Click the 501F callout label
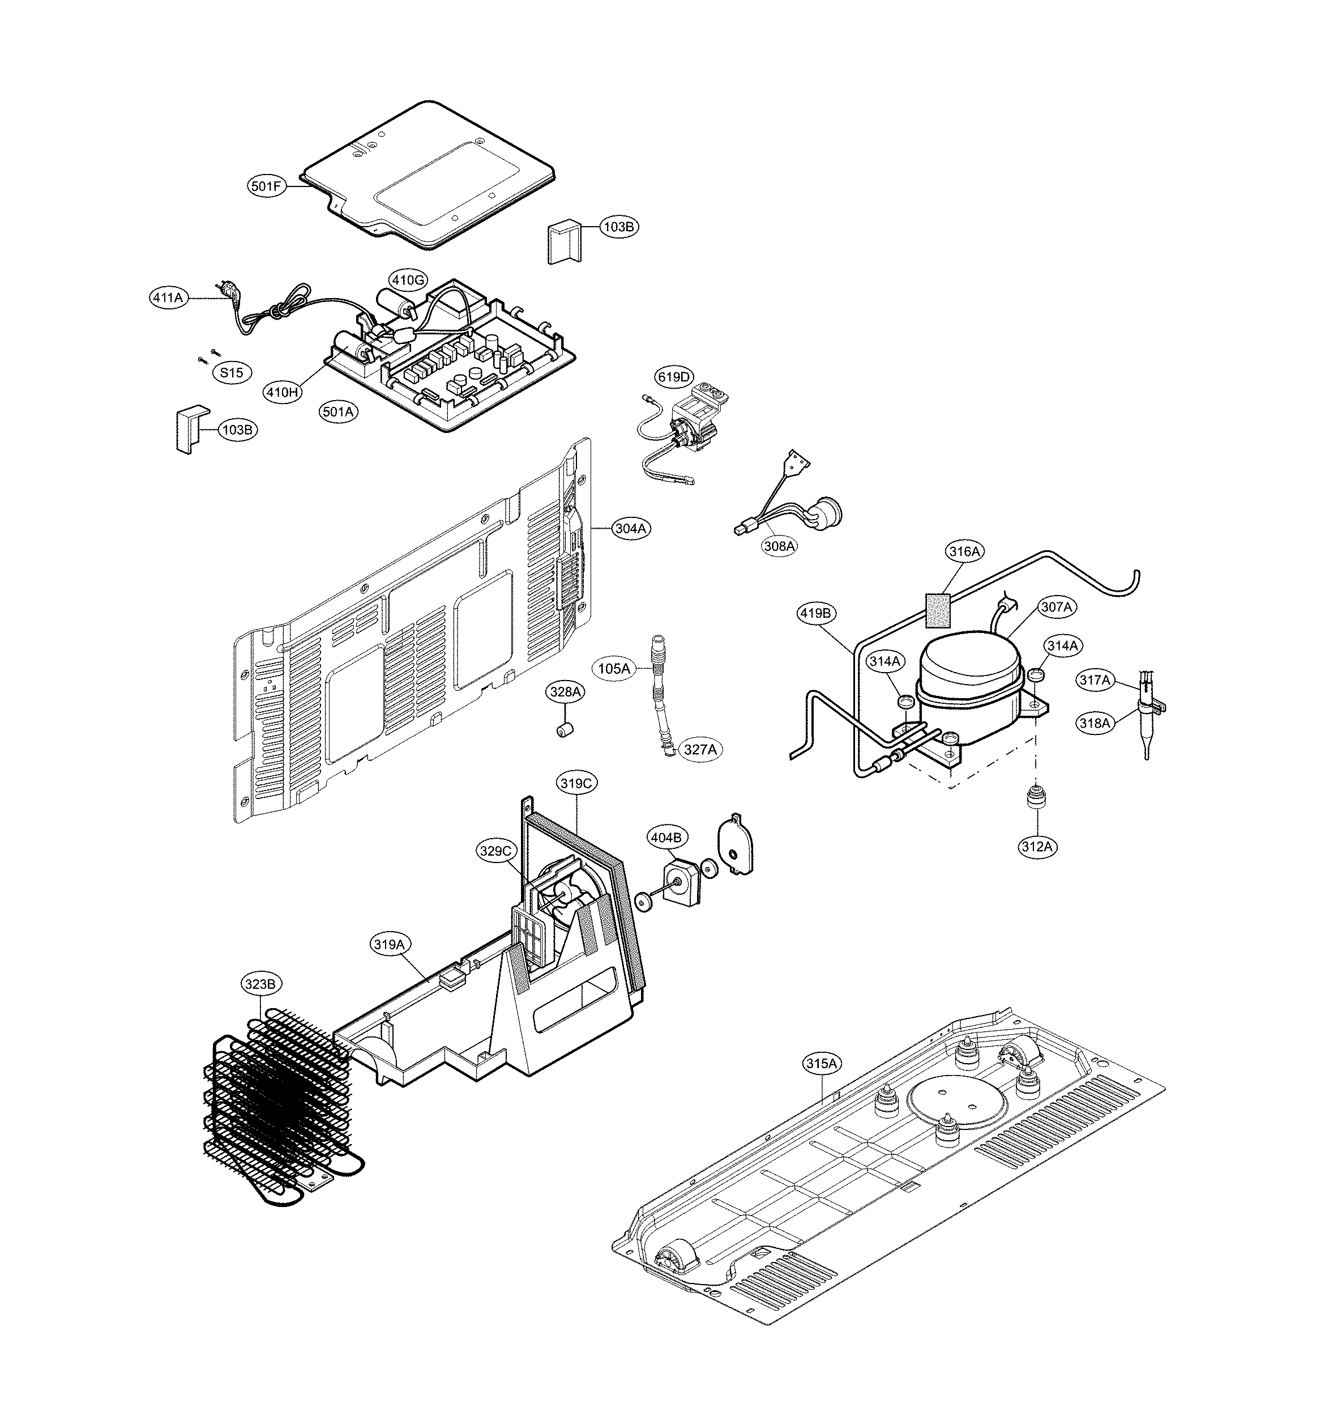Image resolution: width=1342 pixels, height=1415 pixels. (x=267, y=187)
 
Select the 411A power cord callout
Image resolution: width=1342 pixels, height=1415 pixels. (x=168, y=297)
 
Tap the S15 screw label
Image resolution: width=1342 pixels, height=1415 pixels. (x=232, y=372)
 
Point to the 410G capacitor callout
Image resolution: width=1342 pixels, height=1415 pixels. (x=408, y=280)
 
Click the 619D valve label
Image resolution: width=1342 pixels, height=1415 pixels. (x=674, y=376)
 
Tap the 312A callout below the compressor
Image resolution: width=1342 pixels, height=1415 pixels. (x=1037, y=847)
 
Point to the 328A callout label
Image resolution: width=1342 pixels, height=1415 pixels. (x=566, y=692)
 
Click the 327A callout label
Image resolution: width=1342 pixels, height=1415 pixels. (x=700, y=749)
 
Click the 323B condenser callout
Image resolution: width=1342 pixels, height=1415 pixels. (x=260, y=984)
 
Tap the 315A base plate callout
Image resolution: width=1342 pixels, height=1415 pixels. (x=821, y=1083)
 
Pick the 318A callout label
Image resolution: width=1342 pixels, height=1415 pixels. (x=1095, y=723)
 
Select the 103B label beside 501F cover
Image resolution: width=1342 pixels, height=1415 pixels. (x=619, y=227)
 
